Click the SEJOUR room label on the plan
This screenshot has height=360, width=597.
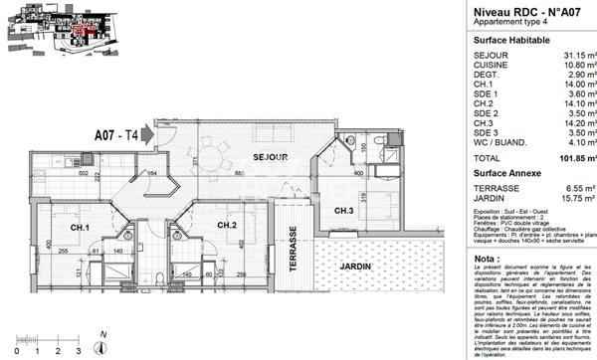[x=269, y=158]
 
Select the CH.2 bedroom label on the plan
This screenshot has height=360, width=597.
[x=225, y=226]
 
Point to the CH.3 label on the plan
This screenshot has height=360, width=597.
[x=344, y=210]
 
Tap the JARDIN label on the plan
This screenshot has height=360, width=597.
[x=355, y=267]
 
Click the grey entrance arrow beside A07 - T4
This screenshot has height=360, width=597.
[x=146, y=133]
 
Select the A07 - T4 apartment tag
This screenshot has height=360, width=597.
[x=114, y=134]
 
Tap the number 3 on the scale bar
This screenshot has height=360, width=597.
[x=78, y=351]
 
